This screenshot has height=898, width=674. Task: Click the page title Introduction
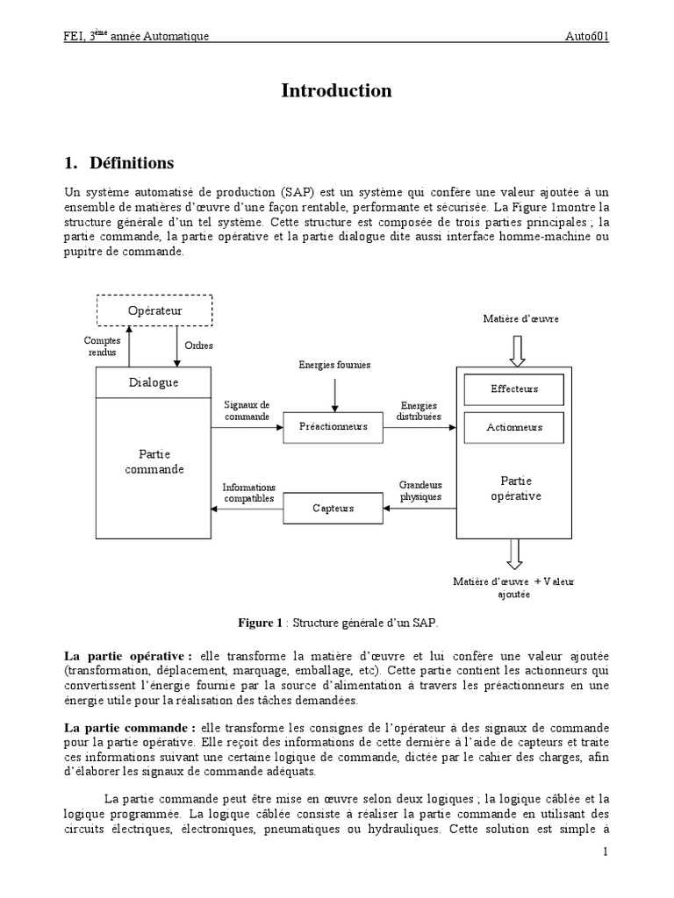(x=336, y=91)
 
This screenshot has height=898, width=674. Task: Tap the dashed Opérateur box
(x=154, y=310)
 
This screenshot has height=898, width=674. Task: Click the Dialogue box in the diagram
(x=154, y=382)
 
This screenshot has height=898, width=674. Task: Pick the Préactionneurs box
(x=333, y=427)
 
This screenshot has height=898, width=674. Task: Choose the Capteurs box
(x=333, y=508)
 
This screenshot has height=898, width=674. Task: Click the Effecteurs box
(x=513, y=388)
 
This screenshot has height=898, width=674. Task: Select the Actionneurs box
(x=513, y=428)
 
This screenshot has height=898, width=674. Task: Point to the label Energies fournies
(x=334, y=364)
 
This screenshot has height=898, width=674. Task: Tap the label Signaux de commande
(x=247, y=410)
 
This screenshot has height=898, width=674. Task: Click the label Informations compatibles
(x=248, y=493)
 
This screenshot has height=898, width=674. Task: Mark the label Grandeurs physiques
(x=420, y=490)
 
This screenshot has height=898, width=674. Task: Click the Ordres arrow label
(x=198, y=346)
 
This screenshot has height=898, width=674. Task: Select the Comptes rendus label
(x=102, y=346)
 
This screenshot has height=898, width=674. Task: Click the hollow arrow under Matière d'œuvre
(x=516, y=349)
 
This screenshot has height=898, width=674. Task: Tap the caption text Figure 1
(x=260, y=623)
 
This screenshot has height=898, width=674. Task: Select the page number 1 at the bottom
(x=605, y=852)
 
